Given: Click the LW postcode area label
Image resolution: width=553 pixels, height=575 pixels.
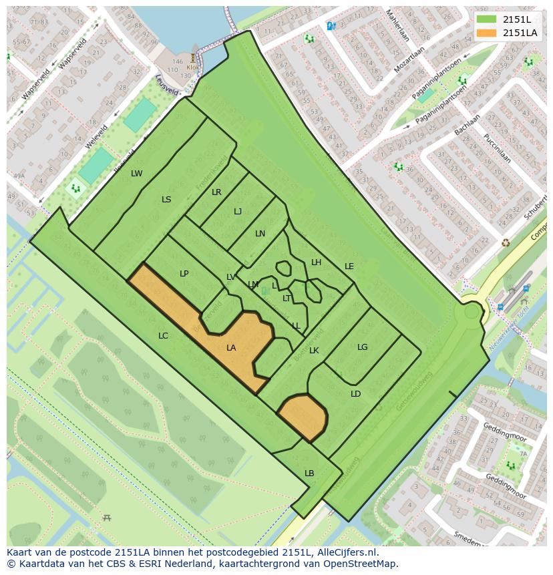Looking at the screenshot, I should pos(136,174).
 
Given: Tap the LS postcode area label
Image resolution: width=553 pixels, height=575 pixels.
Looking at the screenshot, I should pos(166,200).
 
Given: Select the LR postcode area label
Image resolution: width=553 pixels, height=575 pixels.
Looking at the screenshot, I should pos(216,192).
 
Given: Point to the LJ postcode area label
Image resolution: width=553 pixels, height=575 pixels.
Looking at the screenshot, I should pos(238,212).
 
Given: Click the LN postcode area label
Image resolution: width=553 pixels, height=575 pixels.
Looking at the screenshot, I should pos(260,234).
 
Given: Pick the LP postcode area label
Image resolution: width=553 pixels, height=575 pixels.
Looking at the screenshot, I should pos(184,274).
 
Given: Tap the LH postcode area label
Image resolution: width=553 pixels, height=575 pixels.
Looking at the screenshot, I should pos(316,262).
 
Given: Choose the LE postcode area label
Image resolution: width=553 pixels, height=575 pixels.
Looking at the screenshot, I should pos(349,266).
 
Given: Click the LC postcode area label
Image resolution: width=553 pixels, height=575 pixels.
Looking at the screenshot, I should pos(163,336).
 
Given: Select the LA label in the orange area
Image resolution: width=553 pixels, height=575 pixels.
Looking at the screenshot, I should pos(231,348).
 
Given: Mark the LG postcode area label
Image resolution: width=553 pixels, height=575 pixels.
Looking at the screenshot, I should pos(362,347).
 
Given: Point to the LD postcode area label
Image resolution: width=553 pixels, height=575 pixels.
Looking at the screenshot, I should pos(355,394).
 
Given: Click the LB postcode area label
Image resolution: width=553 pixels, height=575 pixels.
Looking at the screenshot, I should pos(309,473).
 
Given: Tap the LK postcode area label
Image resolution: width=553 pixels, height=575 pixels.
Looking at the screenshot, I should pos(314,351).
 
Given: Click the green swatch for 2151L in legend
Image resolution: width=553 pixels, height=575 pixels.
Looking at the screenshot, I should pos(487,19).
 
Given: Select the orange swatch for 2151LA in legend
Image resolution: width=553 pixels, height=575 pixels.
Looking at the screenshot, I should pos(487,33).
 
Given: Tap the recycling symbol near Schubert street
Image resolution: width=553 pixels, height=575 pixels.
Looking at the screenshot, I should pos(506,242).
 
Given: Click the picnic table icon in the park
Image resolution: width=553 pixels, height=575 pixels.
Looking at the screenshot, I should pos(107,518).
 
